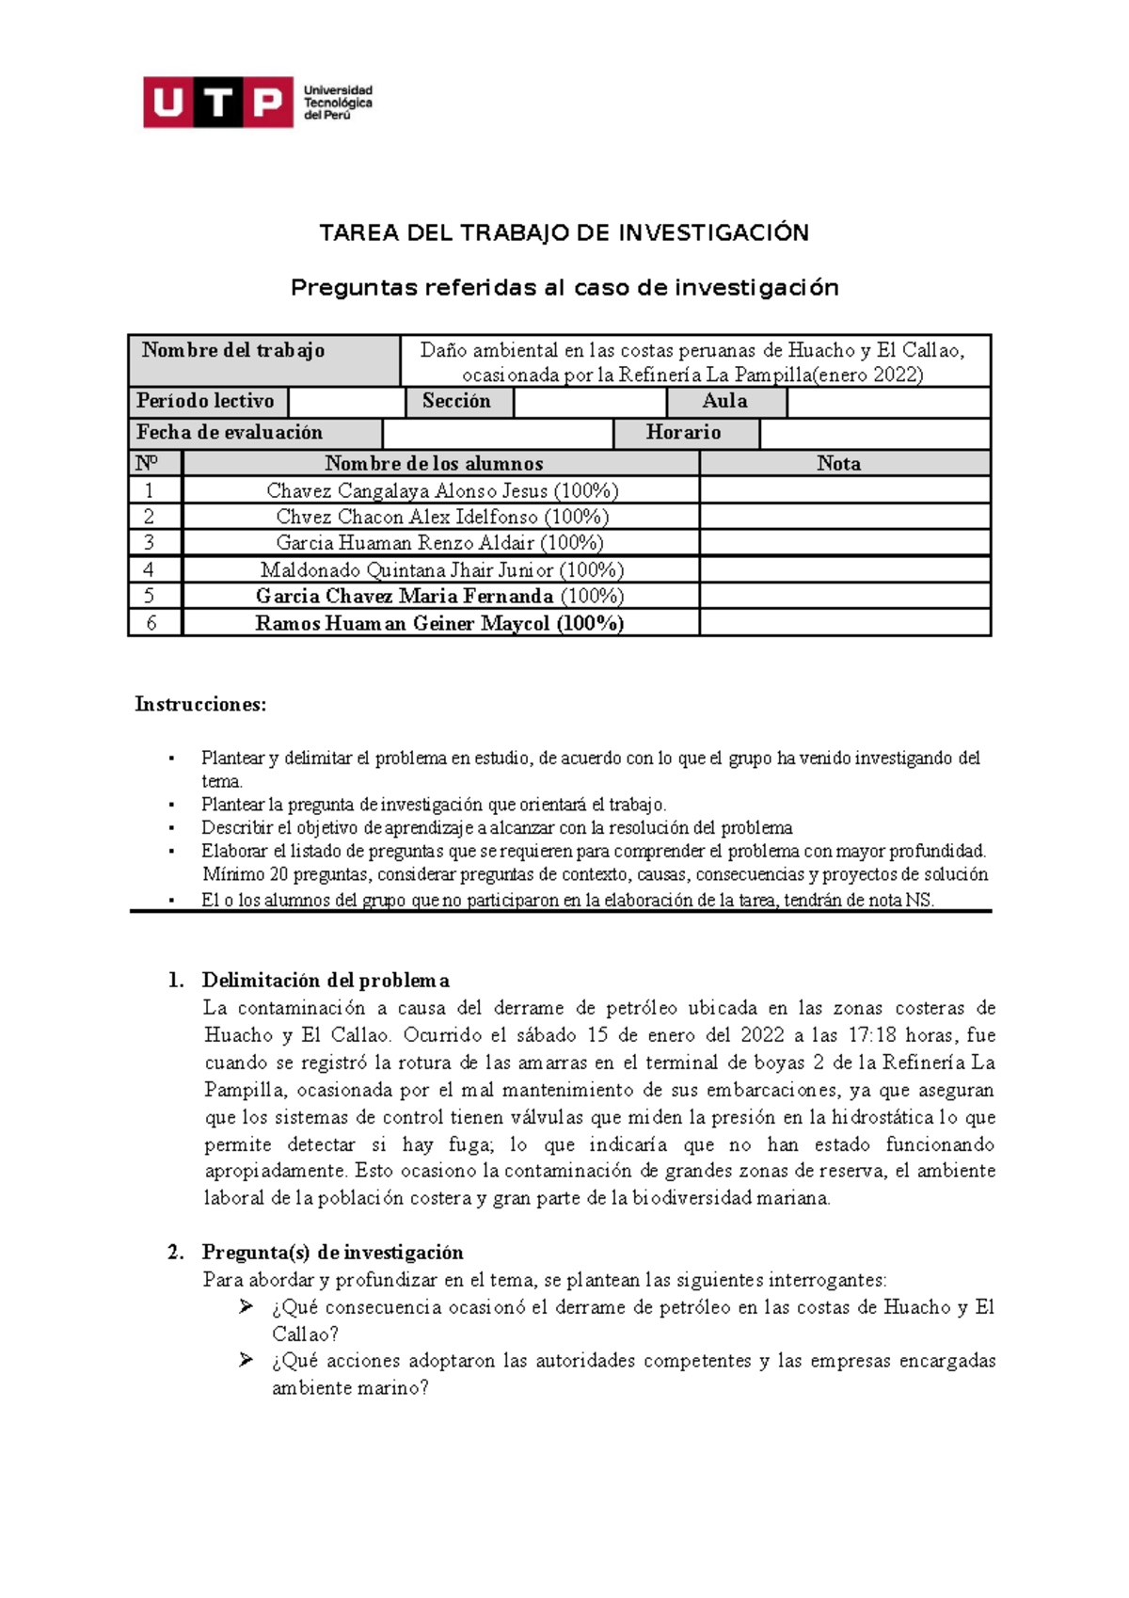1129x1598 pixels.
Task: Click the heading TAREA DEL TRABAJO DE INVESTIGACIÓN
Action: pos(564,233)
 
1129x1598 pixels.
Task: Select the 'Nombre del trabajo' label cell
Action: pos(233,351)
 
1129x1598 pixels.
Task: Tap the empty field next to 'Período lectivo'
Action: pos(346,402)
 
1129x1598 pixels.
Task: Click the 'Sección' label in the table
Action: pos(456,402)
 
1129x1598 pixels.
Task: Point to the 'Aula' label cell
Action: pos(724,402)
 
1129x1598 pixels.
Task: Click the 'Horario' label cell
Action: pos(683,433)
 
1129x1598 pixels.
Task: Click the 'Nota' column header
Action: pos(838,464)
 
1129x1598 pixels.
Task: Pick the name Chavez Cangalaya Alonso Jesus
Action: pos(406,490)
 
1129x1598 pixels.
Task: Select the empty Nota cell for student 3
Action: pos(844,543)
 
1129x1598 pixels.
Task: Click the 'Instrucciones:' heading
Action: pos(200,704)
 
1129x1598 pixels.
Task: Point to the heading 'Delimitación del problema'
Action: pos(326,981)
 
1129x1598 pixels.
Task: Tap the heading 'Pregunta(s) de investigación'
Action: pos(332,1253)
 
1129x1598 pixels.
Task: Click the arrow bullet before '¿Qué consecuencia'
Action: pos(246,1306)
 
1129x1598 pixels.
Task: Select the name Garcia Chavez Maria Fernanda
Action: pos(405,597)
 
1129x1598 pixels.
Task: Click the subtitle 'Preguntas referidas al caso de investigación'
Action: pos(564,288)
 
